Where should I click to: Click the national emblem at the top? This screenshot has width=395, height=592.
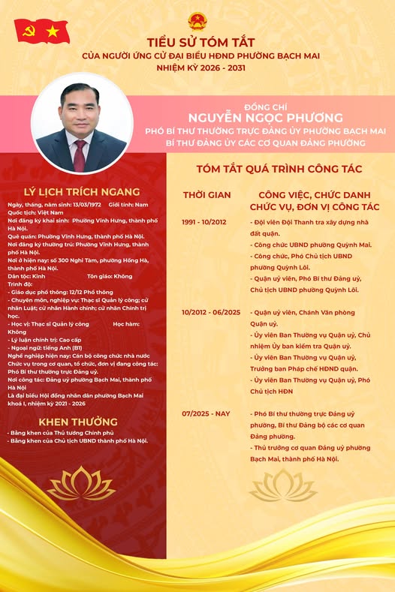[x=197, y=20]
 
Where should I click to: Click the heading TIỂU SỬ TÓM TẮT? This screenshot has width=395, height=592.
[x=197, y=44]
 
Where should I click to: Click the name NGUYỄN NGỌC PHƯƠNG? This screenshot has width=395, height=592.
[x=266, y=118]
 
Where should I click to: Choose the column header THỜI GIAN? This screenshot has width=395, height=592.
[x=207, y=195]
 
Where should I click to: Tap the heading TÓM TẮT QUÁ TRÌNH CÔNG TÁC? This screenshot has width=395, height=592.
[x=279, y=169]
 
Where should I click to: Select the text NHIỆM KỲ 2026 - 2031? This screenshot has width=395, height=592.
[x=197, y=67]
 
